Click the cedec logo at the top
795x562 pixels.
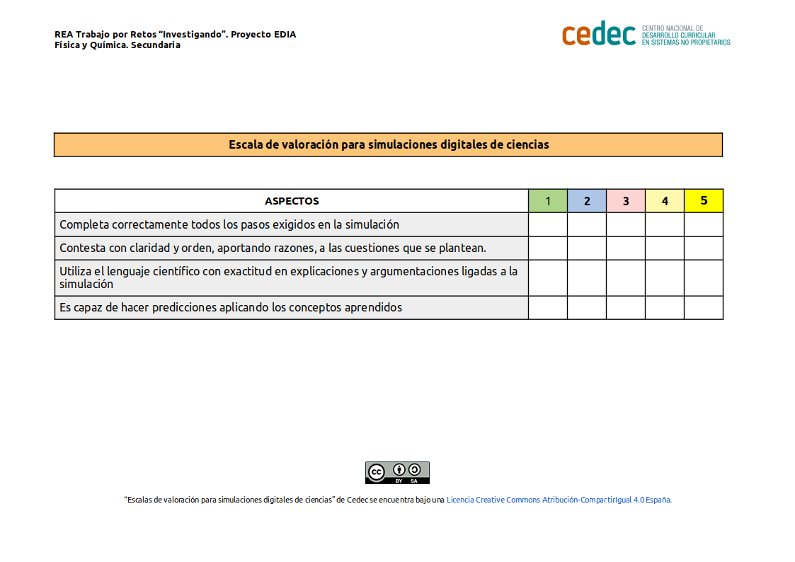(x=599, y=33)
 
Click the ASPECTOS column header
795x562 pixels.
(x=292, y=201)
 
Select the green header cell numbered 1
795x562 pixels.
(x=548, y=201)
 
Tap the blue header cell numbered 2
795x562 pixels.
(x=587, y=201)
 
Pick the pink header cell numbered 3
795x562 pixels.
(x=626, y=201)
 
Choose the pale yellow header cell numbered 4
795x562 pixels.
(x=665, y=201)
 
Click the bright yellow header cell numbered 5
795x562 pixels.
(x=704, y=201)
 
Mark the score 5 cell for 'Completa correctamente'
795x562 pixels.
(x=704, y=224)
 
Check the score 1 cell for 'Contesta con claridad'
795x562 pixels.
(x=548, y=248)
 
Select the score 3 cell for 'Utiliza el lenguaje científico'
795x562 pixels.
(x=626, y=277)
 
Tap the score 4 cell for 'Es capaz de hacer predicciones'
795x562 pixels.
(x=665, y=307)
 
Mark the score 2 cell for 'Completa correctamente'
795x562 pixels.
(x=587, y=224)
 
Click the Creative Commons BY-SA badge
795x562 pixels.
(x=397, y=473)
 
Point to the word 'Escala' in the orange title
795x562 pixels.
(x=245, y=144)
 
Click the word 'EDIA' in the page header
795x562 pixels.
(x=285, y=34)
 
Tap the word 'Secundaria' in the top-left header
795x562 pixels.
(x=156, y=45)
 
